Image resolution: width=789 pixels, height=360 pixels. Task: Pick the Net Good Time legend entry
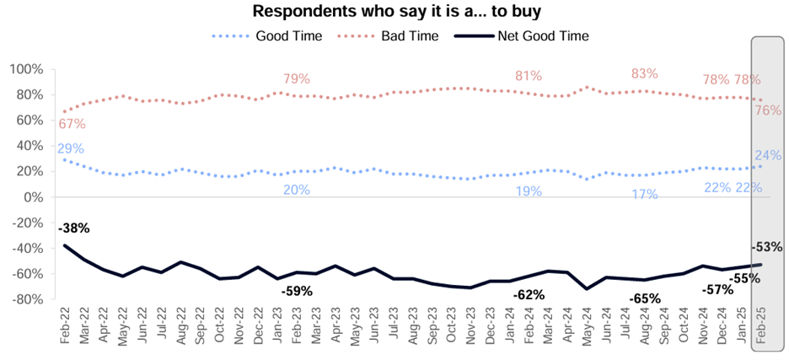click(x=545, y=35)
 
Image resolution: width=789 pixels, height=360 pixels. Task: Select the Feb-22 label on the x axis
click(x=66, y=324)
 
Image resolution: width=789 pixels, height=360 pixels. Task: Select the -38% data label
click(x=73, y=228)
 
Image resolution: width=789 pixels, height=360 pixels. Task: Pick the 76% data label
click(x=767, y=110)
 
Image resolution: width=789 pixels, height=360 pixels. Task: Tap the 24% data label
click(x=767, y=155)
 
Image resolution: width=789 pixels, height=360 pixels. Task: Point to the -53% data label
click(x=768, y=247)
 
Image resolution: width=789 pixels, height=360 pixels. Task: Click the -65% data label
click(x=645, y=298)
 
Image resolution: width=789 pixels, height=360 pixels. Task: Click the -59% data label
click(x=297, y=291)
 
